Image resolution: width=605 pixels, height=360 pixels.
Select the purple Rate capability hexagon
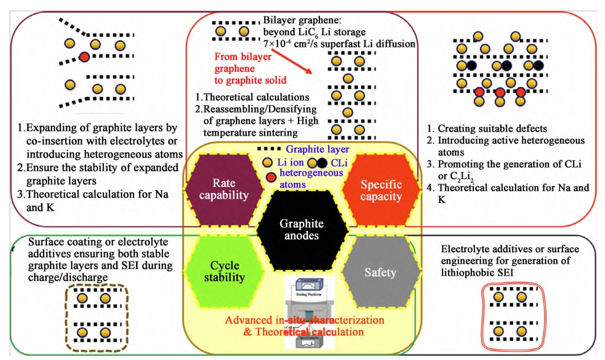223,189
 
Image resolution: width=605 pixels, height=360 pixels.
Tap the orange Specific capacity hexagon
381,190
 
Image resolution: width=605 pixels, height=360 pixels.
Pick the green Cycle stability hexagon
224,271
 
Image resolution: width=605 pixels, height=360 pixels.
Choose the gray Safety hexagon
380,273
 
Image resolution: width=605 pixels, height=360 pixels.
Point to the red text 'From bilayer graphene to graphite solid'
243,68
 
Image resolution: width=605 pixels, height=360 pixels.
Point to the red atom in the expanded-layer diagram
84,57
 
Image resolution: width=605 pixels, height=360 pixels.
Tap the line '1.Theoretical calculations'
252,97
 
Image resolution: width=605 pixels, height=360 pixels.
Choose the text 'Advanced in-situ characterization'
304,320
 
